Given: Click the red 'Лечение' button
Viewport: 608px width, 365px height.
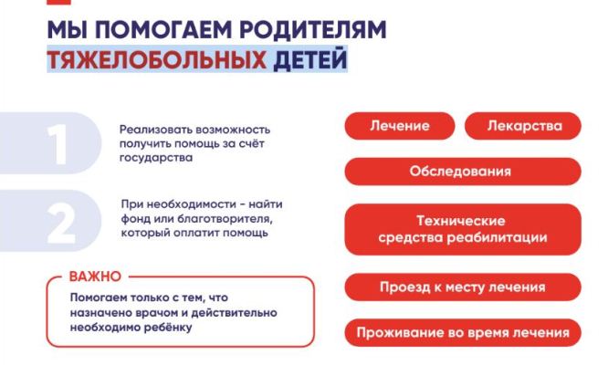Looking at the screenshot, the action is click(x=399, y=126).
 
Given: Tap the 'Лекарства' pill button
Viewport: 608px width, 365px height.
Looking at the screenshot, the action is click(x=523, y=126).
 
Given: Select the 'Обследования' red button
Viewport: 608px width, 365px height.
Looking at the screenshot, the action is click(x=463, y=172).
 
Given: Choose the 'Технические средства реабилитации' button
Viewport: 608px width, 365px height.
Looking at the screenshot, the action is click(x=463, y=229).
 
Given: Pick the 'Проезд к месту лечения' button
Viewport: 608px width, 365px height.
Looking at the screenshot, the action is click(x=463, y=287).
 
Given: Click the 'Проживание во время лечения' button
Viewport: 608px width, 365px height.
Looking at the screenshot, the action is click(x=463, y=332).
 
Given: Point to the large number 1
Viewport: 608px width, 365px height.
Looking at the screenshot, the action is click(x=58, y=144).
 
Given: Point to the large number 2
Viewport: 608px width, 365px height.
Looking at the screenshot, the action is click(x=60, y=223).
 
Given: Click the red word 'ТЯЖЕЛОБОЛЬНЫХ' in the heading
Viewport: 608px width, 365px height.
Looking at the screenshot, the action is click(x=157, y=59).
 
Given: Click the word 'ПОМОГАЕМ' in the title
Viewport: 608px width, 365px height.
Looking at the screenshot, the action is click(x=162, y=29).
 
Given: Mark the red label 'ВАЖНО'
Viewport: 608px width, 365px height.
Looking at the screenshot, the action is click(x=95, y=276).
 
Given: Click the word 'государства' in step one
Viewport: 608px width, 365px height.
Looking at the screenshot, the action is click(x=156, y=158).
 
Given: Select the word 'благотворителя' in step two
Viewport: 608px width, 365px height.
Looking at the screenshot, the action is click(x=225, y=219).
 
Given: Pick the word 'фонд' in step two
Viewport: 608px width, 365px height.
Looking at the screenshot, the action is click(x=135, y=219).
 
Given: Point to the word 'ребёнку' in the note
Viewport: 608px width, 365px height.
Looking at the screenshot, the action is click(x=168, y=328).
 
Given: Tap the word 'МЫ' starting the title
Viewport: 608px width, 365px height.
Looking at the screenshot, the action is click(x=67, y=29).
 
